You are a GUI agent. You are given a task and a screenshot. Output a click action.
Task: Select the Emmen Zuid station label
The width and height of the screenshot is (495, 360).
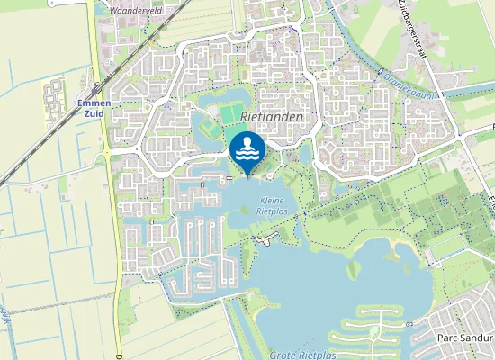click(94, 107)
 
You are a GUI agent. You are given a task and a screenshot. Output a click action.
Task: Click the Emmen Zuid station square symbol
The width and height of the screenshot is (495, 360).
click(94, 91)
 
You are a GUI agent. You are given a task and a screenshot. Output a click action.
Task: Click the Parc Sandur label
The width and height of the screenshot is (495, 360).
click(468, 337)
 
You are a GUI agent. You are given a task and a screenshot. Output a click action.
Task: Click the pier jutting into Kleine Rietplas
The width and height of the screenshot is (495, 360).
click(264, 239)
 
